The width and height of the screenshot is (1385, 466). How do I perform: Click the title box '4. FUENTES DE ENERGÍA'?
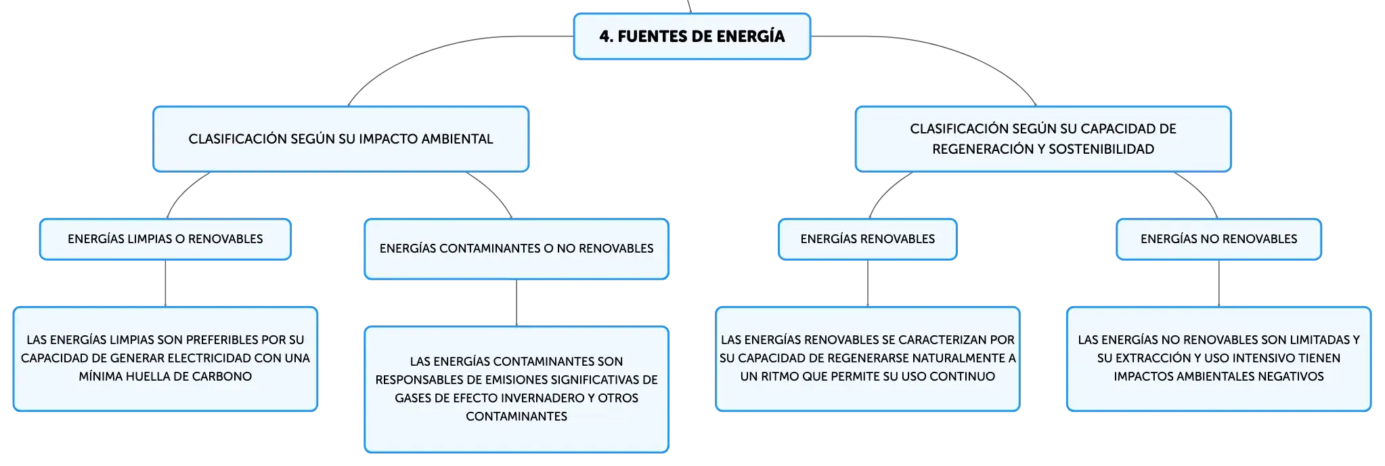pos(692,37)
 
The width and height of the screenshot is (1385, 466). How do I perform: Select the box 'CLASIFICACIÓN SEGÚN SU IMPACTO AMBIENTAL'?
pos(340,139)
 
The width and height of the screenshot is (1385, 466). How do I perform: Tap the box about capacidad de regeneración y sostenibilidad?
pos(1043,139)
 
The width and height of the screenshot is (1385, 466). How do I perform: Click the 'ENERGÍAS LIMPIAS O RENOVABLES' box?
pos(165,239)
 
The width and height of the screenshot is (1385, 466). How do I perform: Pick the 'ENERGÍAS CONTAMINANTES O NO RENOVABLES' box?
pos(516,249)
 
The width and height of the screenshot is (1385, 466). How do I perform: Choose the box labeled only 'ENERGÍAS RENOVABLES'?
pos(868,239)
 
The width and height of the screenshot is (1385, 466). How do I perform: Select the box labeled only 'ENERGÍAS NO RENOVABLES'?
pos(1218,239)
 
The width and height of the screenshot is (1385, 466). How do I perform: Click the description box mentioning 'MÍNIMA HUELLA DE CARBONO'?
pos(165,359)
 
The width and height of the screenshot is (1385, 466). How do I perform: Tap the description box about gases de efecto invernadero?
pos(516,389)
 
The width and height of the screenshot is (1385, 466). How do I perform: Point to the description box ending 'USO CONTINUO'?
pos(868,359)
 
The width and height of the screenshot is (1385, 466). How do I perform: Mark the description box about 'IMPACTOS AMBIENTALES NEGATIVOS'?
pos(1218,359)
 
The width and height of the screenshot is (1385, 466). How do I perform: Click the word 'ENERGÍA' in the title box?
pos(751,36)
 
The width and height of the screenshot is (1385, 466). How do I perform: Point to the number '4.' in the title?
pos(606,37)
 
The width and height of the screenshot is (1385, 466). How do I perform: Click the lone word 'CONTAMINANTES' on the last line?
pos(516,417)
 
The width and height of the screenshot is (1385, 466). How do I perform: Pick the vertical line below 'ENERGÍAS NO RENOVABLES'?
pos(1218,283)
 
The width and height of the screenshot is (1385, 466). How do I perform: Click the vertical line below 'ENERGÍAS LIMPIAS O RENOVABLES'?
pos(165,283)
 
